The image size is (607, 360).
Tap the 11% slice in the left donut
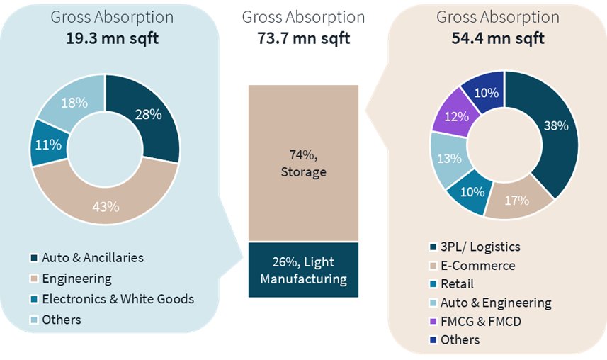pos(49,145)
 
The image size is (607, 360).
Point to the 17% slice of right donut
pos(517,201)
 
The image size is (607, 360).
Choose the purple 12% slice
pos(455,116)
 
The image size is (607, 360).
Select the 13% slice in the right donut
pos(448,159)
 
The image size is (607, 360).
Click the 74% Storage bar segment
pos(303,163)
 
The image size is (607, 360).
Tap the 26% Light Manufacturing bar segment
pos(303,270)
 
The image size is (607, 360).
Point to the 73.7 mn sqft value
pos(303,38)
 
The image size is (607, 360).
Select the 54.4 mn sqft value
pos(498,38)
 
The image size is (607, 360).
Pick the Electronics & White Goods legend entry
pos(118,299)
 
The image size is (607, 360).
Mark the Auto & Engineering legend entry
pos(496,303)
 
